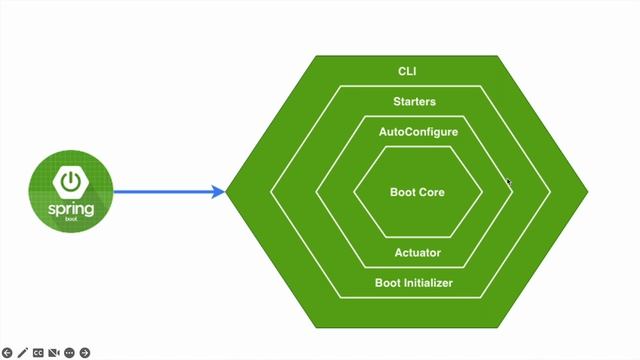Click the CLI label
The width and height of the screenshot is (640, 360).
pos(407,72)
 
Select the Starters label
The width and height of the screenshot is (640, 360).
pos(414,101)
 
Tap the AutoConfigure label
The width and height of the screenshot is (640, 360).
pos(418,131)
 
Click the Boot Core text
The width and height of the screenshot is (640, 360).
pos(417,192)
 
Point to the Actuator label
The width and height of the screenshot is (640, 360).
pos(417,253)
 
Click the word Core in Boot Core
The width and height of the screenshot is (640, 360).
pos(431,192)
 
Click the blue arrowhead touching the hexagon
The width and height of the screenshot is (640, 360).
pos(219,192)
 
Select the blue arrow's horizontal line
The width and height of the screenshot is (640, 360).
pos(160,192)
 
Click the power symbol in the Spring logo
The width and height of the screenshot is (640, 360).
pos(70,181)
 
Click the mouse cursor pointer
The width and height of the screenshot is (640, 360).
pos(509,182)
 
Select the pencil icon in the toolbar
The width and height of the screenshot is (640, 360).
pos(23,352)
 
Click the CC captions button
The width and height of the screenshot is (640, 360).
pos(38,352)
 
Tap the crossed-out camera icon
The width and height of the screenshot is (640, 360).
pos(54,352)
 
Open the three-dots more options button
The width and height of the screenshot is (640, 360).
pos(70,352)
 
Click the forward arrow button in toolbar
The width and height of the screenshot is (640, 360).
pos(86,352)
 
